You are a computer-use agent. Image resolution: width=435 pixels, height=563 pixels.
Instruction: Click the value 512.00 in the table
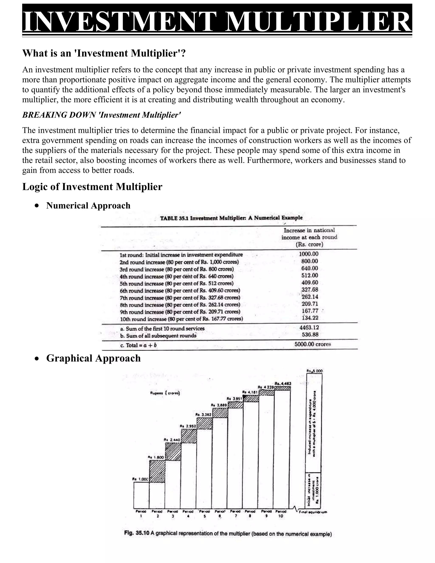(x=310, y=276)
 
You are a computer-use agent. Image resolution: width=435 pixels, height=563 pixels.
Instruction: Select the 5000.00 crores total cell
(x=312, y=344)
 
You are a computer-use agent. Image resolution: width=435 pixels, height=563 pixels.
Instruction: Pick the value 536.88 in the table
(x=310, y=335)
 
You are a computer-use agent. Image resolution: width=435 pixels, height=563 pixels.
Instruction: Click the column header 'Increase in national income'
(x=309, y=237)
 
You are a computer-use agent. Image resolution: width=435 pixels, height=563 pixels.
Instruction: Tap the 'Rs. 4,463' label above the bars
(x=283, y=383)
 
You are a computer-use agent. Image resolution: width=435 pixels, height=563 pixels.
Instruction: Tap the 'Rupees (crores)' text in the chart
(x=165, y=393)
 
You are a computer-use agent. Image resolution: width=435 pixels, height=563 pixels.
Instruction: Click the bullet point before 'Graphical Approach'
(x=37, y=359)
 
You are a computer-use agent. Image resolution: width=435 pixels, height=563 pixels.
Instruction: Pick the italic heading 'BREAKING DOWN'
(x=102, y=115)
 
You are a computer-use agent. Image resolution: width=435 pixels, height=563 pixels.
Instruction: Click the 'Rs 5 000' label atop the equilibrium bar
(x=314, y=371)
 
